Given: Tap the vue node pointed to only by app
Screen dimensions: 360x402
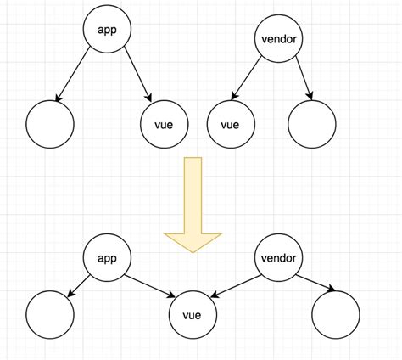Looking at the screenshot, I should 165,125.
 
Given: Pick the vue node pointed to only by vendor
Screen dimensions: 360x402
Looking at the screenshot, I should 231,125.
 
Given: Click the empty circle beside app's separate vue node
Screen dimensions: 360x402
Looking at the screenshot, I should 49,125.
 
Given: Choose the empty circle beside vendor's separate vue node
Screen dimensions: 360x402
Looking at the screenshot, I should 311,125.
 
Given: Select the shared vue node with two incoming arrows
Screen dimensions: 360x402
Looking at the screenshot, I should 194,315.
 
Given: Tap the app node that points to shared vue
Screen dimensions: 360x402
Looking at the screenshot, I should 107,257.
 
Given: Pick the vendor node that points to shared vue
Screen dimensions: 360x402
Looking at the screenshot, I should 279,257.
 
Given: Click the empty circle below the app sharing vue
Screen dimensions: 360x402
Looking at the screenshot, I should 49,315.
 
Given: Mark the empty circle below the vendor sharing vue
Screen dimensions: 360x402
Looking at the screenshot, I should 336,315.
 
